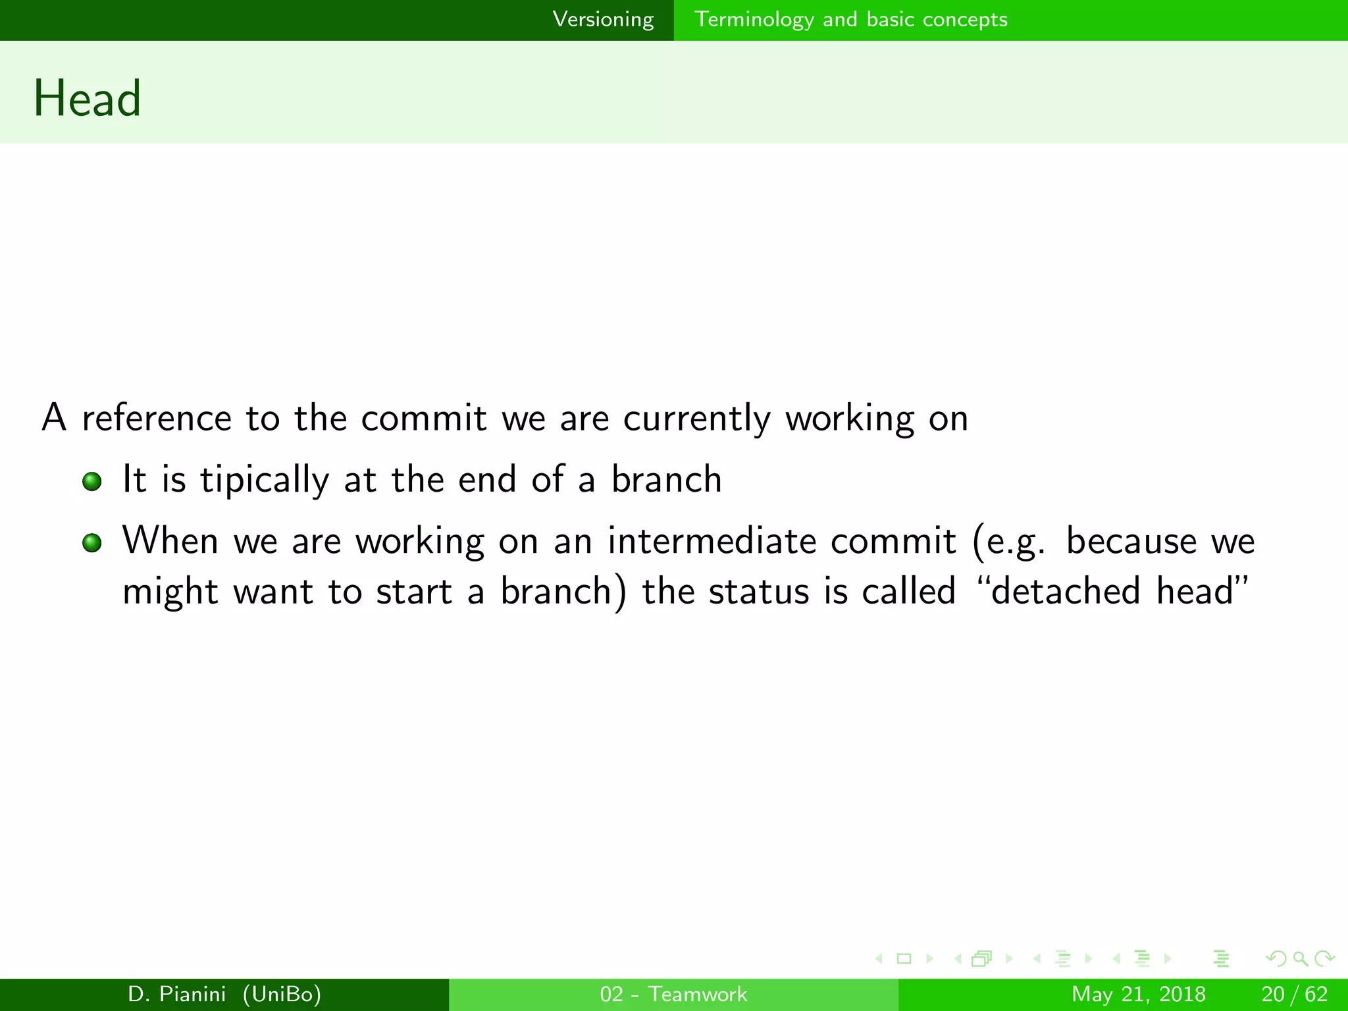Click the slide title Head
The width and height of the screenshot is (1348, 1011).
88,99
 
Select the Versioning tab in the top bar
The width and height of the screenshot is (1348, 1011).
603,20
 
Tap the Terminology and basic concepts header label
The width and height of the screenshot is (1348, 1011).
850,20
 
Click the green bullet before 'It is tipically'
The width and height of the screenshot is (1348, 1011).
92,482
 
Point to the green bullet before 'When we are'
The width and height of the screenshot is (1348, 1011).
92,543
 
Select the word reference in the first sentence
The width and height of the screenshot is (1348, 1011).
157,418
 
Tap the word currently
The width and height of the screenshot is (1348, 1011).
696,419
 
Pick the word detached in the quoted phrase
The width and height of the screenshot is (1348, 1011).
1066,590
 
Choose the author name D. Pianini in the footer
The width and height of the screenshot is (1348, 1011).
177,994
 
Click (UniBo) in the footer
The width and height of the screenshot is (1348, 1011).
282,994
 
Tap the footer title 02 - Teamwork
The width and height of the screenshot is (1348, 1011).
673,994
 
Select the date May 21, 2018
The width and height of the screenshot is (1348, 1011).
1139,994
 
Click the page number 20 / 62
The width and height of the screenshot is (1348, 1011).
1294,994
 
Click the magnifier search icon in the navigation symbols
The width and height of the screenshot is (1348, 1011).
1300,959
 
